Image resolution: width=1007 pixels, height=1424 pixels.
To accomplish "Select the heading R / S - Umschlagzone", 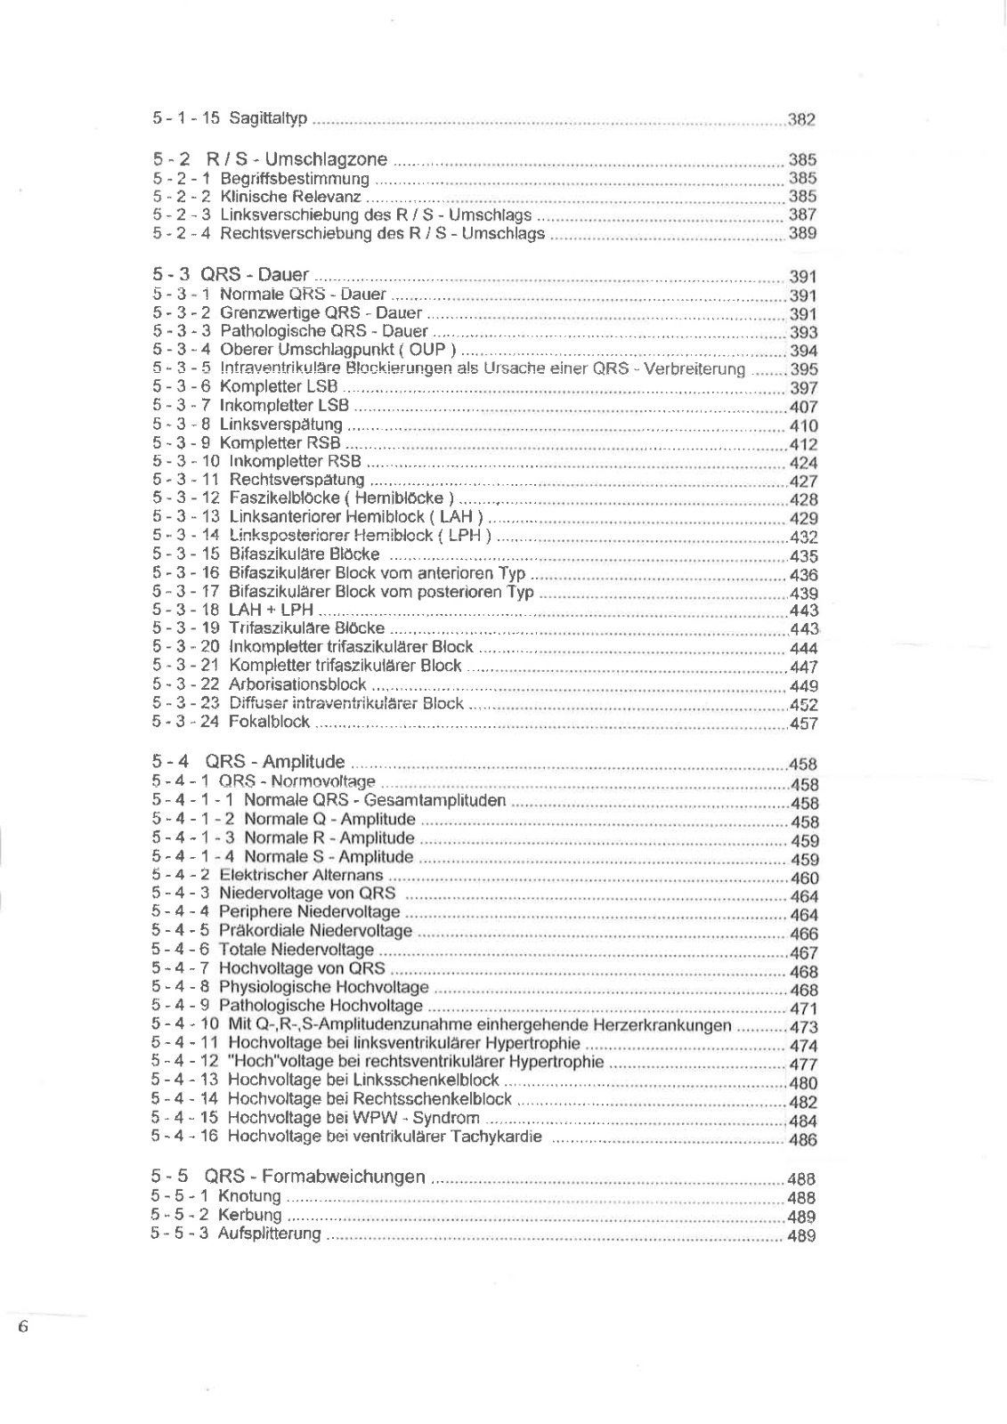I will (x=296, y=159).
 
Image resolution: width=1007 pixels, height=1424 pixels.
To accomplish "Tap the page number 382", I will (x=801, y=120).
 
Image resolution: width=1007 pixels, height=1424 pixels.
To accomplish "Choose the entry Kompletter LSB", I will (x=279, y=387).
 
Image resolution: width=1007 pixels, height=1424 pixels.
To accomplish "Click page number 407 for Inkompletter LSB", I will (x=803, y=408).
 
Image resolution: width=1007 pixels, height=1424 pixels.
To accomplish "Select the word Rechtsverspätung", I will (x=296, y=481).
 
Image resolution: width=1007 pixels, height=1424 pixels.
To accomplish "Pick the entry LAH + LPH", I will (x=271, y=611).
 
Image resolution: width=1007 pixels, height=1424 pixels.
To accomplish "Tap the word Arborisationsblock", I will (x=297, y=685).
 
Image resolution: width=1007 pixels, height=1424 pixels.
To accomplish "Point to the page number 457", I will (x=803, y=724).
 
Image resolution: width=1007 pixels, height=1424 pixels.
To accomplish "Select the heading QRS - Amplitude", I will (x=274, y=762).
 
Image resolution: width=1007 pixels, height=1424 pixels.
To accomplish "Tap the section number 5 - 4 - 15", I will (x=184, y=1118).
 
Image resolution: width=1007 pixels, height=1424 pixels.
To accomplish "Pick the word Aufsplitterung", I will (x=269, y=1234).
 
